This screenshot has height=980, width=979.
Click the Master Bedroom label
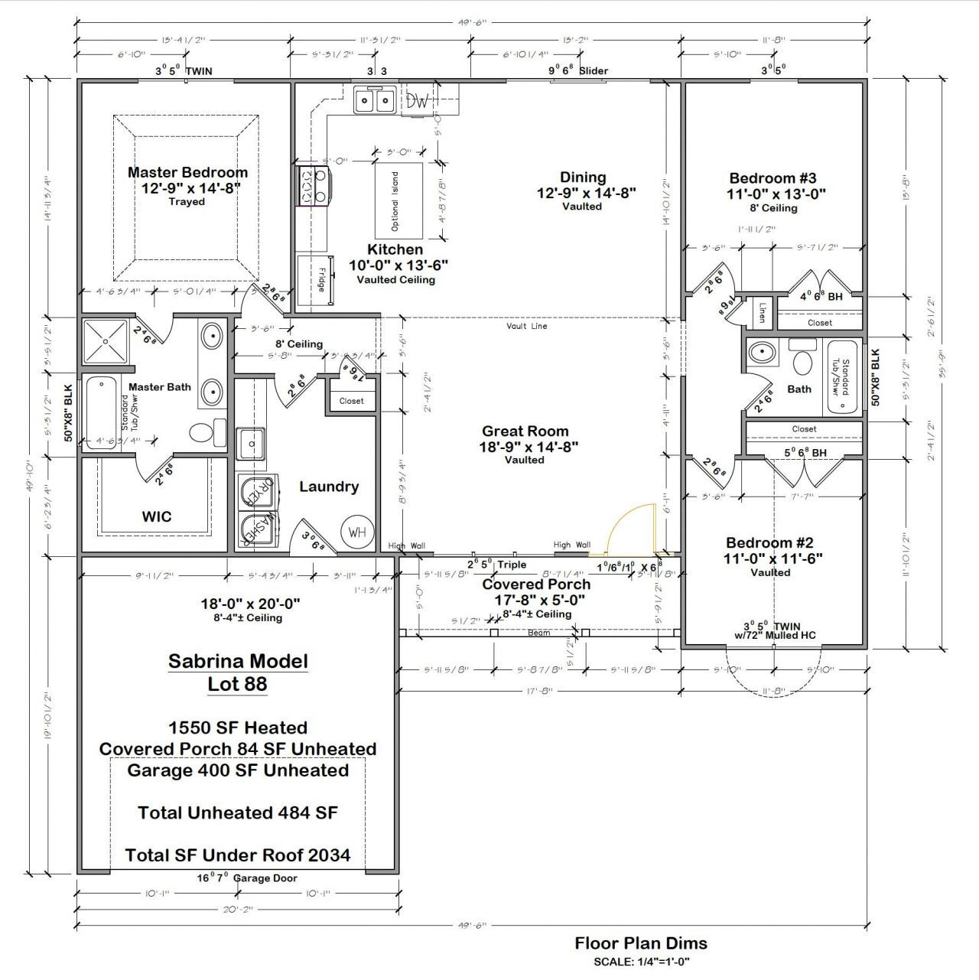pos(187,173)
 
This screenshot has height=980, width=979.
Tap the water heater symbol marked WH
pos(357,532)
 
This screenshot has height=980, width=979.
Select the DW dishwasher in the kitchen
pos(418,101)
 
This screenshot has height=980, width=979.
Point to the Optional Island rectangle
pos(398,200)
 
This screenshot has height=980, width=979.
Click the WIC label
pos(157,516)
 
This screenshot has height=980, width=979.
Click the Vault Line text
pos(527,327)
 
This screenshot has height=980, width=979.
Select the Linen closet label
pos(763,313)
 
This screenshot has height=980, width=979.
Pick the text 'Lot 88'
pos(237,684)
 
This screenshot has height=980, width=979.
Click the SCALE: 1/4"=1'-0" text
pos(642,962)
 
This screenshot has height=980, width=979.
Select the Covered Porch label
pos(535,584)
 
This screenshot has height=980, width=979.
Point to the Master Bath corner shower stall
pos(106,342)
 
